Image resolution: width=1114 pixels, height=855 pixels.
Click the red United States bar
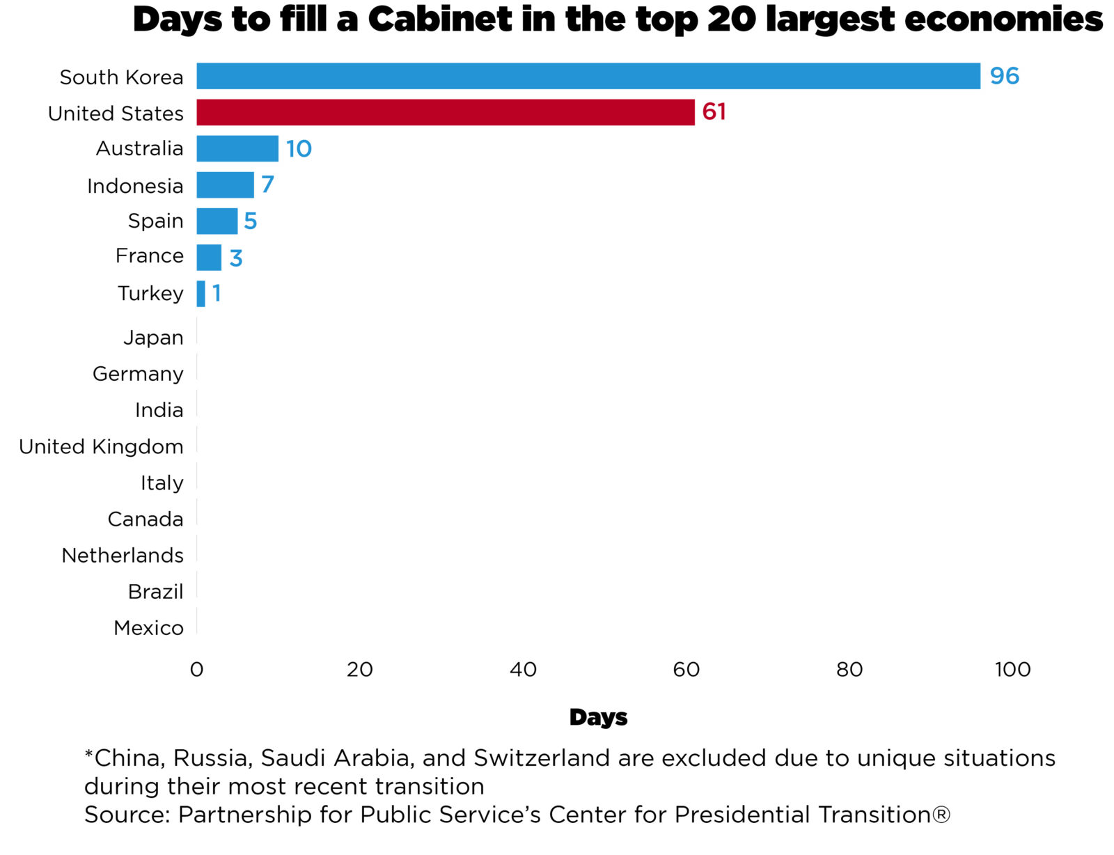446,112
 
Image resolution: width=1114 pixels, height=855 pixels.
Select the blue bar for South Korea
588,76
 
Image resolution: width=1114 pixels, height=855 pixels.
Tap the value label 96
1004,76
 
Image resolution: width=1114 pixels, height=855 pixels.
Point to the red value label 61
714,112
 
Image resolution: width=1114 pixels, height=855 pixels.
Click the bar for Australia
237,148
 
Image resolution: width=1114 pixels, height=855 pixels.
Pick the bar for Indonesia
225,185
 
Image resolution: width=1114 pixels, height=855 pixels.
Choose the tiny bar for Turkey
201,293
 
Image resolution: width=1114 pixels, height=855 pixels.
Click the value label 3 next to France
236,258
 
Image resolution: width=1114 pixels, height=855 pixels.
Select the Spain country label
155,221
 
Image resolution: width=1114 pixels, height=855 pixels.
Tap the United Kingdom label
101,446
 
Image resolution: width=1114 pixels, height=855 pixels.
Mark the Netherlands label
123,555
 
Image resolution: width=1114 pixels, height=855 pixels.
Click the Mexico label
148,627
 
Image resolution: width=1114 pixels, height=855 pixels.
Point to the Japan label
153,338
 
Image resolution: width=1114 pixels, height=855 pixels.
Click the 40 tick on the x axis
523,669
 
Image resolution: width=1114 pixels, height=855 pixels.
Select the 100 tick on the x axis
1012,669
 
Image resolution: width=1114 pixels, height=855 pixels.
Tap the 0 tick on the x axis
196,669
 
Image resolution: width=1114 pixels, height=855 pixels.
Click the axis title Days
598,717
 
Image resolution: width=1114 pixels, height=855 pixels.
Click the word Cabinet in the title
440,19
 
